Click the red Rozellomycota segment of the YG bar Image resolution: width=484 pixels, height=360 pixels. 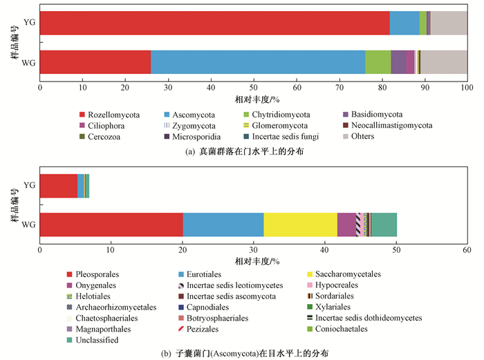215,23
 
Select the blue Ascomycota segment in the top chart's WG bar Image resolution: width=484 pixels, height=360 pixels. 258,62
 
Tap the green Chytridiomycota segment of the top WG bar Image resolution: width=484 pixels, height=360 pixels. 378,62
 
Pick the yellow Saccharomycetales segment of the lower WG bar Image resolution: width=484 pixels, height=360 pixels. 300,225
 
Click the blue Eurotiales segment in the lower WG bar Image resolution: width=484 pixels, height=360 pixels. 223,225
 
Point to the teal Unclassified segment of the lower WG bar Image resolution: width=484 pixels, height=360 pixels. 384,225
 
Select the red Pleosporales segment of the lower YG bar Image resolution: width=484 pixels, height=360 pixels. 59,186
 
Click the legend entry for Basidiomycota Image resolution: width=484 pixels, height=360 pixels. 373,115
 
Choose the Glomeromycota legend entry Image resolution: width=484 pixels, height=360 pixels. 276,126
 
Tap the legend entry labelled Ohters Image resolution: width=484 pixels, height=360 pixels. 359,136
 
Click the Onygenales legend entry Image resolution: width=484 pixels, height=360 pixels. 92,285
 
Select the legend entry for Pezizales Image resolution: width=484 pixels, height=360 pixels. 198,329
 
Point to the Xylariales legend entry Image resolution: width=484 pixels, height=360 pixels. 328,307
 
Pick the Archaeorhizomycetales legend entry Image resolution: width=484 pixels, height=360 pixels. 112,307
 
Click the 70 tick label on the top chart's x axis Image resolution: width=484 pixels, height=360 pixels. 339,88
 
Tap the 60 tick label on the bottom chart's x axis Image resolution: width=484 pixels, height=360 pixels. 467,249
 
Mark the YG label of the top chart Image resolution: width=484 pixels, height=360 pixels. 30,22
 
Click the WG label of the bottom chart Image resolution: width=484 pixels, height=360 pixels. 28,225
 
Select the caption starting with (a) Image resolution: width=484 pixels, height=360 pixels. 245,151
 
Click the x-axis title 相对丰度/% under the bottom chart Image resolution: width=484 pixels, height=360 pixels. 257,262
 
